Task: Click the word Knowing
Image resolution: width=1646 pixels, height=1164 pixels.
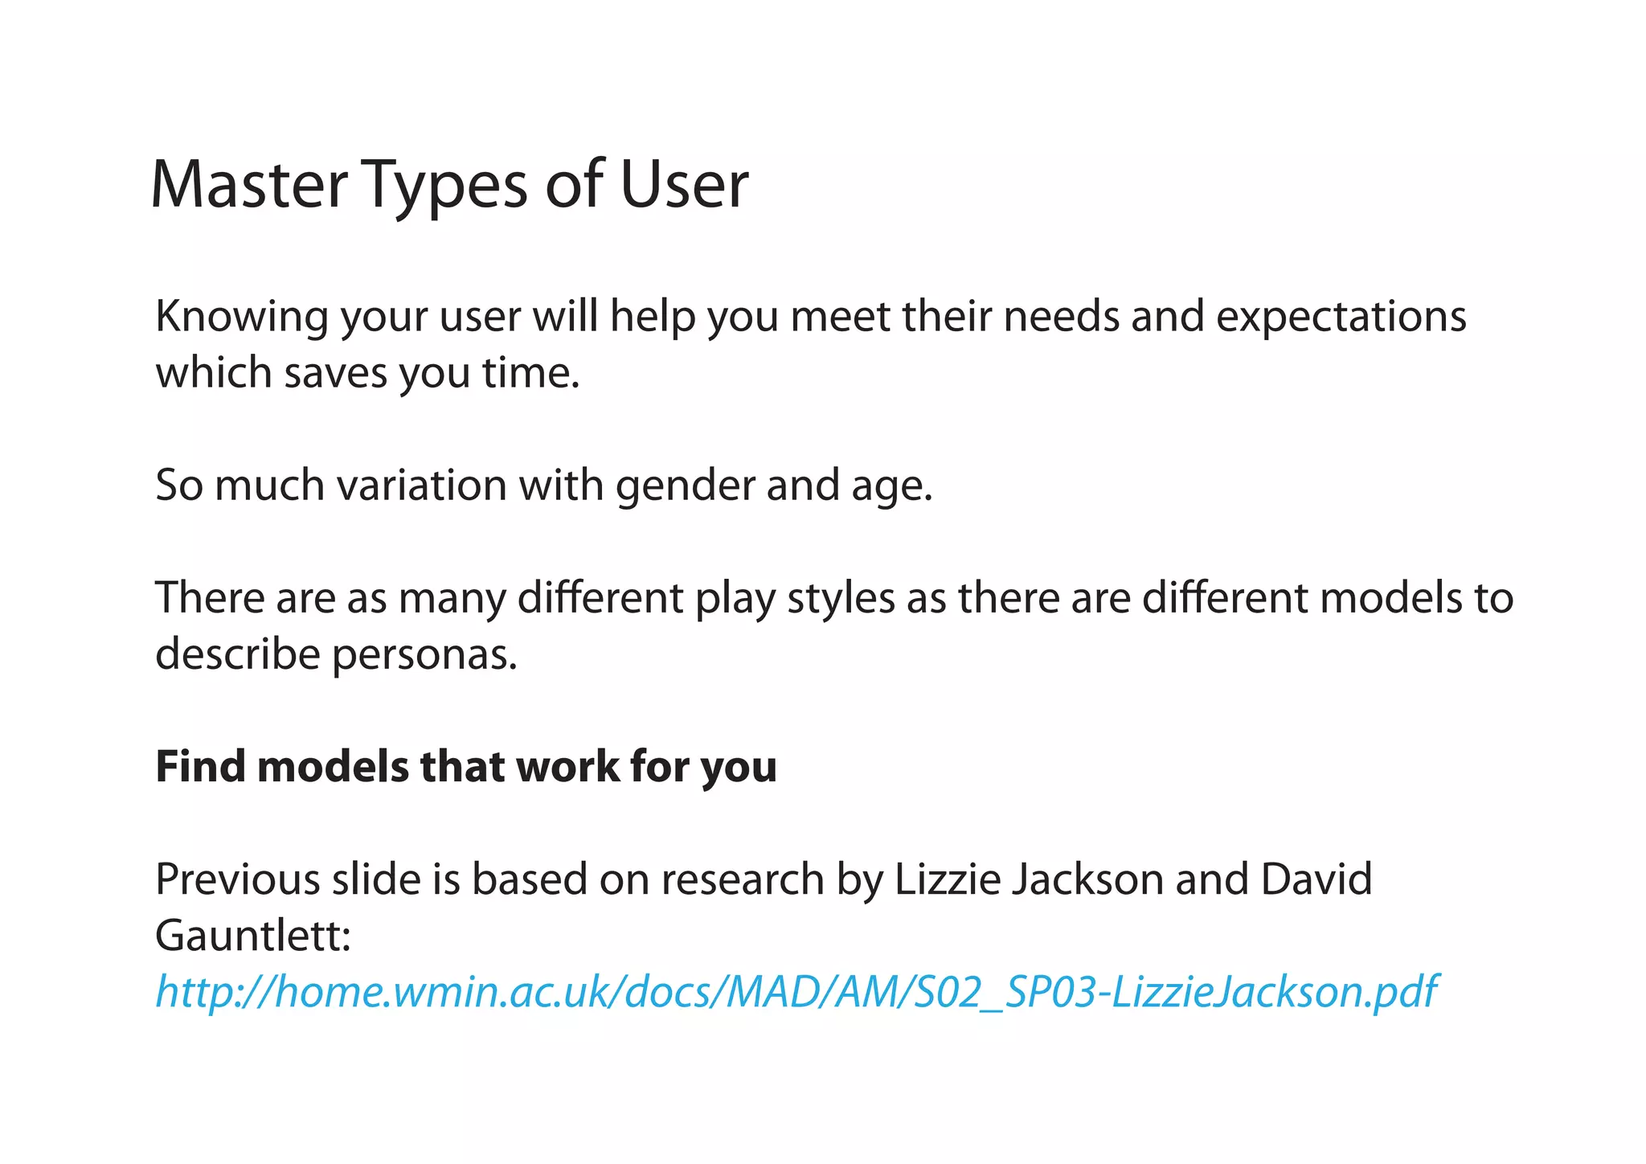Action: click(241, 317)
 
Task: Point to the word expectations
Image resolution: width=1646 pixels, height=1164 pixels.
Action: click(1341, 317)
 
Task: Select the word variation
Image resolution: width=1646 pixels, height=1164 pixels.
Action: click(422, 486)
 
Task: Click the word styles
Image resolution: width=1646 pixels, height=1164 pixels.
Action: click(840, 598)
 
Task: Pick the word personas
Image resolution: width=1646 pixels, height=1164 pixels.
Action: click(424, 654)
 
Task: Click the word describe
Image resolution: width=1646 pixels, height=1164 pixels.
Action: click(238, 654)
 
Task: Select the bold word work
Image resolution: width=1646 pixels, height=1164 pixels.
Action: click(567, 766)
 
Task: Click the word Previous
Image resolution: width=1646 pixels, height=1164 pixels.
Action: click(237, 879)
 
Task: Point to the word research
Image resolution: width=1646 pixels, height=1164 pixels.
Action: click(743, 879)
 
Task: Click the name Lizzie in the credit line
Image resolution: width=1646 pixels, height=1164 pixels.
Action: click(947, 879)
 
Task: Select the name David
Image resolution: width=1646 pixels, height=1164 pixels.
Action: click(1316, 879)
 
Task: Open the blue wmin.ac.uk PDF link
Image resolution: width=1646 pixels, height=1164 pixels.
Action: click(796, 991)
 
